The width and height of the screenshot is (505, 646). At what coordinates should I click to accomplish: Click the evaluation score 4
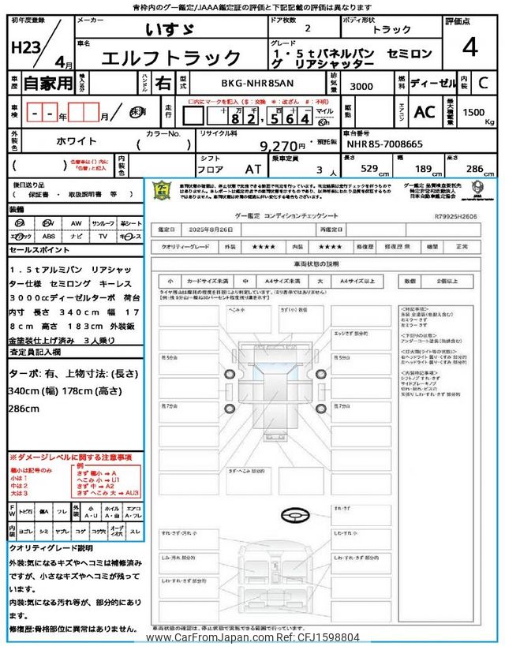469,47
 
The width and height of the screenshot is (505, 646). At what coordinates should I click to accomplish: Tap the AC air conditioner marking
424,112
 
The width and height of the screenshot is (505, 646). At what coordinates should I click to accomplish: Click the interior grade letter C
484,81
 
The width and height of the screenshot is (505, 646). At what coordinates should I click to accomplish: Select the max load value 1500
473,113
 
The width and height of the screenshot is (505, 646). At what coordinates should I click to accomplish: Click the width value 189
423,168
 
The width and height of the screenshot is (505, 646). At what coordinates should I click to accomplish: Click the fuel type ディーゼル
433,81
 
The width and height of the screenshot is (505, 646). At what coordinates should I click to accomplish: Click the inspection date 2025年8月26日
211,230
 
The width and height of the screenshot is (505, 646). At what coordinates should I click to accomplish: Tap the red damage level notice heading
70,457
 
